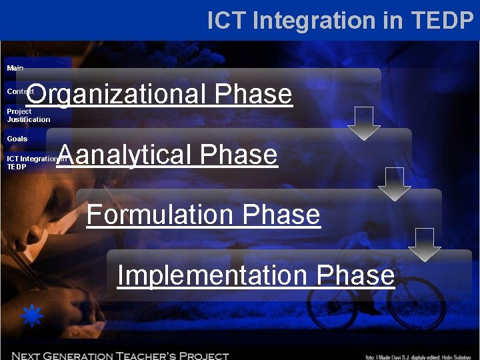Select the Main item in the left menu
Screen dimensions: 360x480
[15, 68]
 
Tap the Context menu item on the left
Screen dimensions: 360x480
[20, 91]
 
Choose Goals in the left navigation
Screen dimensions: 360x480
[17, 139]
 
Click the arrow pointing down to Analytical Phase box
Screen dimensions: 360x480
[364, 123]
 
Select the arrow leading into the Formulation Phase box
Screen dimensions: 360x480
[395, 183]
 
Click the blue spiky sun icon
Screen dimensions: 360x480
[32, 315]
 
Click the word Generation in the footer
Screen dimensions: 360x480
[85, 356]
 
